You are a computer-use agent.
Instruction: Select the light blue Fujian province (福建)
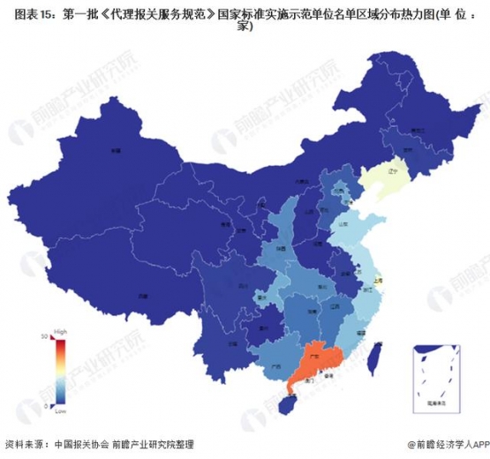point(354,333)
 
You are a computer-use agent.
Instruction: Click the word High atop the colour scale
point(60,330)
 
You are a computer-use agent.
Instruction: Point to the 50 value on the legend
point(45,336)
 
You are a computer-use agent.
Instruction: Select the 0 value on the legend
point(47,405)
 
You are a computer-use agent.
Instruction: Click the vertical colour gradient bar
point(59,371)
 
